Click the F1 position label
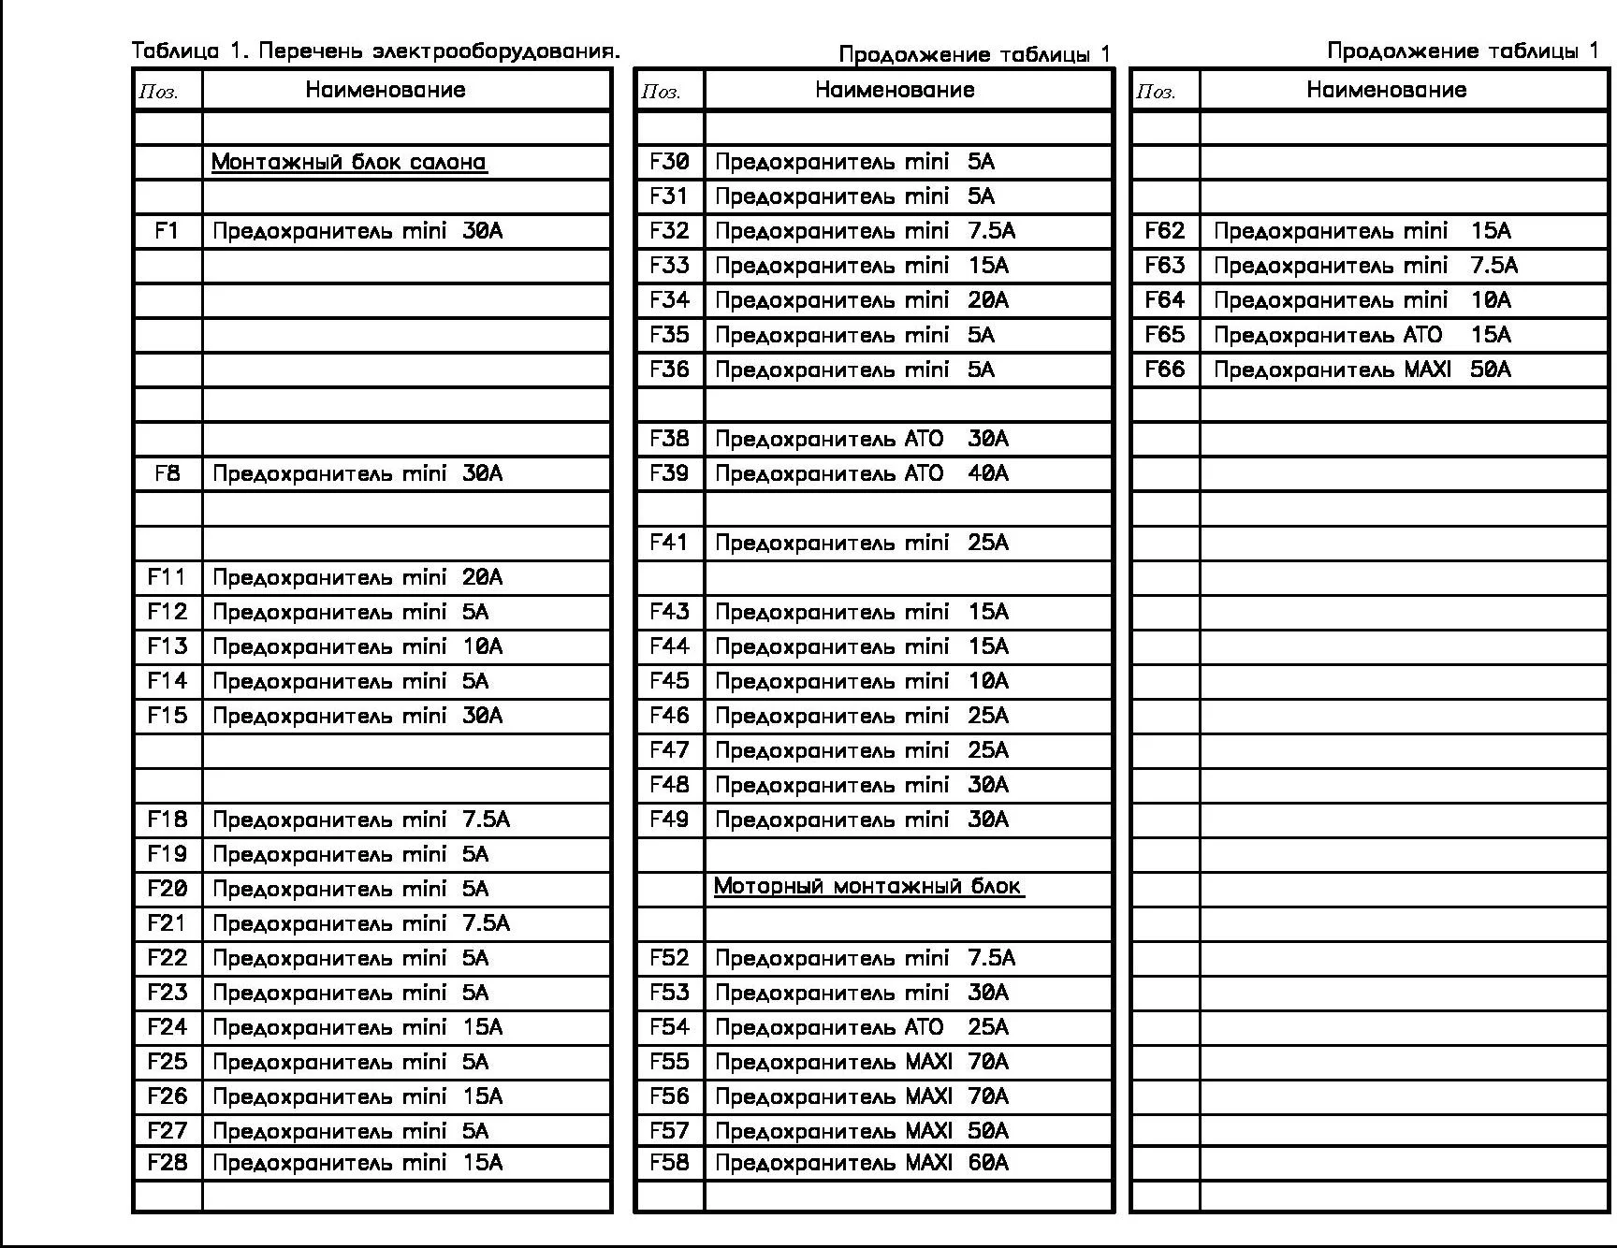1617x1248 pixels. click(167, 231)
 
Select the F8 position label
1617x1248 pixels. click(167, 473)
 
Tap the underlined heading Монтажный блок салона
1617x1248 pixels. click(348, 162)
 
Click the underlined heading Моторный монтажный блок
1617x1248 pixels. click(867, 886)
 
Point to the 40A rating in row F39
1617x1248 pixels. click(988, 473)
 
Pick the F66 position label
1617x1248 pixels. click(1164, 370)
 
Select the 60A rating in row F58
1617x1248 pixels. click(988, 1163)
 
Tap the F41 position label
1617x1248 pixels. click(669, 543)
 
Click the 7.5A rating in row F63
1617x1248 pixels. click(1493, 266)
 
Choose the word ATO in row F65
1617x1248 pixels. click(1423, 335)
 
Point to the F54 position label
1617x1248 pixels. click(669, 1027)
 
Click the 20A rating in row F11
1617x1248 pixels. click(482, 577)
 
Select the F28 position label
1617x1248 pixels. click(167, 1163)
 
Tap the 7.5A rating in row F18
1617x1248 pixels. click(486, 820)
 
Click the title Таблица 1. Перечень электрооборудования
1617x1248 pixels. click(375, 51)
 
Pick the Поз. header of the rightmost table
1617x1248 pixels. click(1156, 92)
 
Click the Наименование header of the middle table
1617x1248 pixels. click(895, 90)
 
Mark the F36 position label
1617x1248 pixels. click(669, 370)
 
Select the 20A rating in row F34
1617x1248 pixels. click(988, 300)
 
